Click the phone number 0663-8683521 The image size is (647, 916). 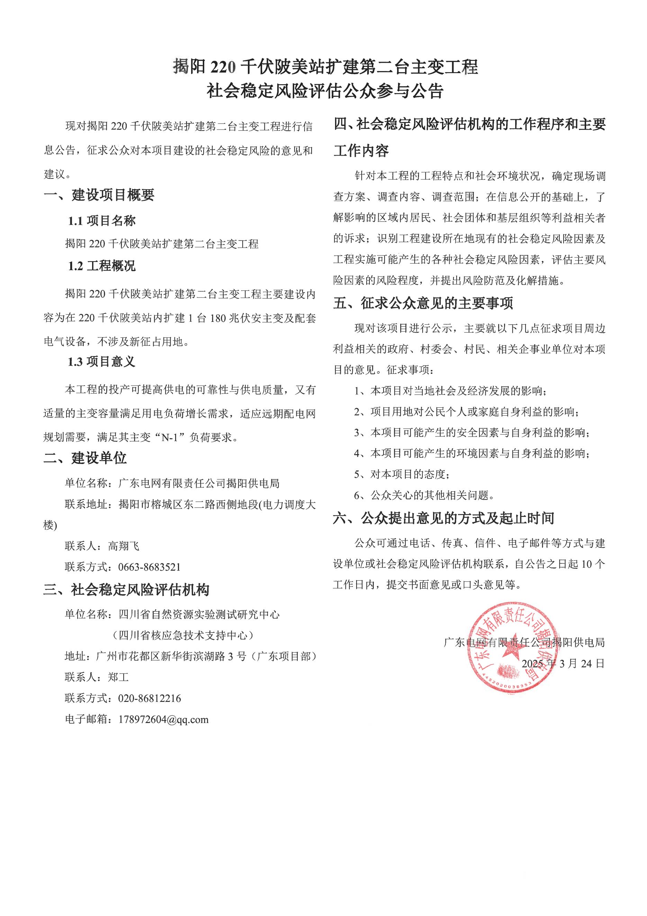pyautogui.click(x=149, y=567)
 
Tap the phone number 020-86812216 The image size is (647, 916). pyautogui.click(x=149, y=698)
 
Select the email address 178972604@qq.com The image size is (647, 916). pyautogui.click(x=163, y=719)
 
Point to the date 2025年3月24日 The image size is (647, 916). pyautogui.click(x=563, y=663)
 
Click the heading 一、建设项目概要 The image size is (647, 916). pyautogui.click(x=99, y=195)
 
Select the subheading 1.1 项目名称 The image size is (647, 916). pyautogui.click(x=102, y=221)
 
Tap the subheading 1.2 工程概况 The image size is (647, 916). pyautogui.click(x=102, y=266)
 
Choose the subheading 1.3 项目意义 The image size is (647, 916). pyautogui.click(x=102, y=361)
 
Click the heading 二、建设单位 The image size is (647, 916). pyautogui.click(x=85, y=458)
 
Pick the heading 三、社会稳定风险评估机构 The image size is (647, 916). pyautogui.click(x=126, y=590)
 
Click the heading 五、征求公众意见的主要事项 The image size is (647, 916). pyautogui.click(x=423, y=303)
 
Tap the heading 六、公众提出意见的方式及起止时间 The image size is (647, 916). pyautogui.click(x=444, y=518)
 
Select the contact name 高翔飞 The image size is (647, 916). pyautogui.click(x=124, y=546)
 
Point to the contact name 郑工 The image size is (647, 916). pyautogui.click(x=118, y=677)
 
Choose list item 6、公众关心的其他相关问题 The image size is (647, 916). pyautogui.click(x=424, y=495)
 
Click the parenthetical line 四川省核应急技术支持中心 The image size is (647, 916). pyautogui.click(x=183, y=635)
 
